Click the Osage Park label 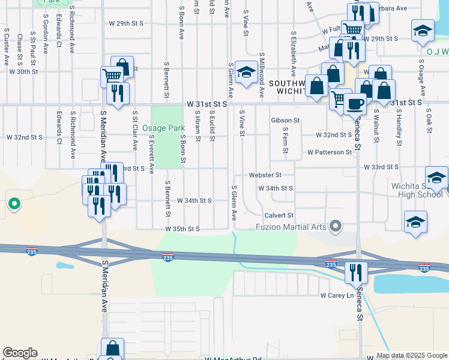pos(164,128)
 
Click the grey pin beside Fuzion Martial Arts pos(336,226)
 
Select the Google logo pos(20,353)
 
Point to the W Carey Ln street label pos(336,295)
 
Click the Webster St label pos(265,175)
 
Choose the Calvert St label pos(279,215)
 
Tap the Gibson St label pos(285,121)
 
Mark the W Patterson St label pos(329,152)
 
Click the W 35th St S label pos(183,229)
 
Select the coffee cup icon pos(355,103)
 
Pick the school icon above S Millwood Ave pos(245,72)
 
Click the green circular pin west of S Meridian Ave pos(14,204)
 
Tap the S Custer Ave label pos(7,46)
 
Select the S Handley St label pos(399,127)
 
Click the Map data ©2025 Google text pos(411,355)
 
